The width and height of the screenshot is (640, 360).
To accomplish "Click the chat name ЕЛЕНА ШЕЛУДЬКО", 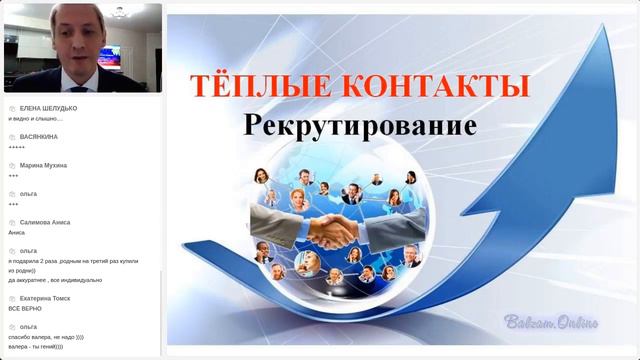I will (x=49, y=108).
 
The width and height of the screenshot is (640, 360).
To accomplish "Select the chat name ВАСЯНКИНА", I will (x=39, y=136).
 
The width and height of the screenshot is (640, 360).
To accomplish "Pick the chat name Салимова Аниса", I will (x=45, y=222).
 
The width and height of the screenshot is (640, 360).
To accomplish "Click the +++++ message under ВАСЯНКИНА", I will (x=16, y=146).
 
